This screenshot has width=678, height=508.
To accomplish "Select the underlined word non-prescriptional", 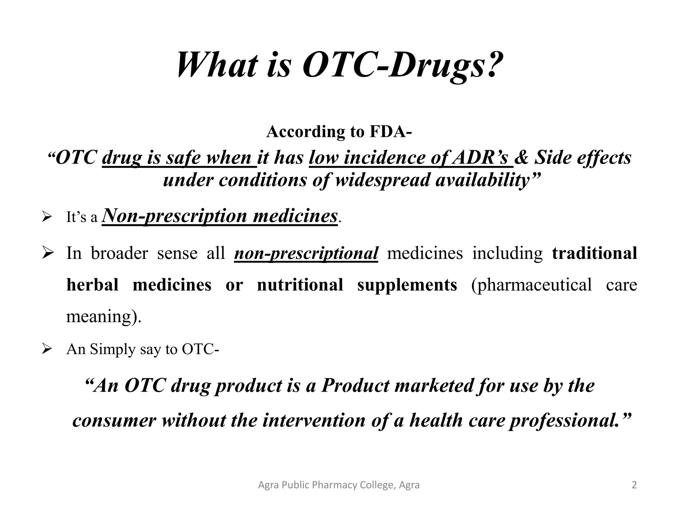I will pos(306,254).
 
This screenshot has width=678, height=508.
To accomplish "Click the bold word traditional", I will pos(594,253).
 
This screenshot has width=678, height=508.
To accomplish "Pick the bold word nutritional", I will pos(300,285).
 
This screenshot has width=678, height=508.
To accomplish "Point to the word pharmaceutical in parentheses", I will pos(531,285).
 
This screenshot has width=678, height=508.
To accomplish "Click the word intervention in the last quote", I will pos(314,420).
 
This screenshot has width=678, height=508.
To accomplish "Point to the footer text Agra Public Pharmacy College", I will pos(338,485).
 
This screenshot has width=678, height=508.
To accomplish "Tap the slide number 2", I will pos(634,485).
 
